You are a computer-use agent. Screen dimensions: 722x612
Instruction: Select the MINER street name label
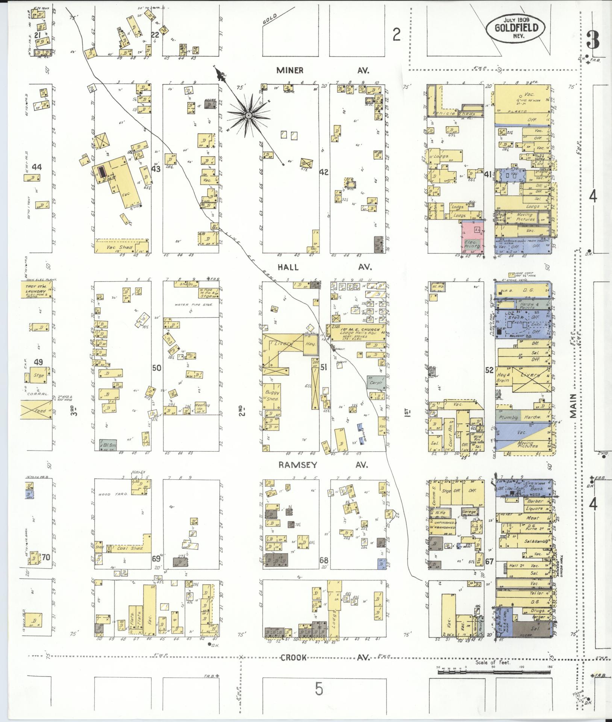(290, 70)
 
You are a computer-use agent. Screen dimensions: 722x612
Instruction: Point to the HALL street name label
(288, 267)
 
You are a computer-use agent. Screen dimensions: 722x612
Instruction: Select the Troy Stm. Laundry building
(39, 291)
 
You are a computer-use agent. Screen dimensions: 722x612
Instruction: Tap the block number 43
(156, 169)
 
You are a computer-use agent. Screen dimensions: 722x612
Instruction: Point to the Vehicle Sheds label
(455, 114)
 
